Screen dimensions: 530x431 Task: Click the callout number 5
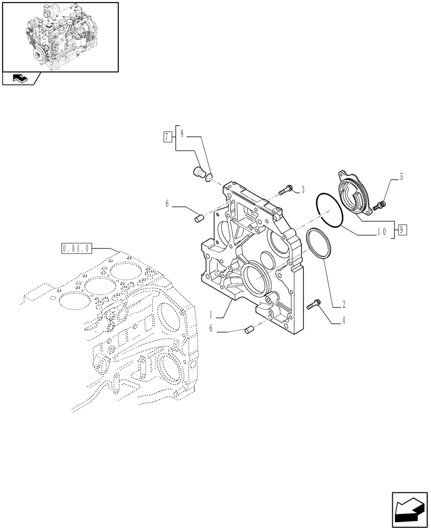pos(401,178)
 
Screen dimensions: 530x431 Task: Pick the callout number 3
pos(302,189)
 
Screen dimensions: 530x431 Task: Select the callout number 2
pos(344,304)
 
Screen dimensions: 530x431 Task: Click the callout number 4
pos(344,321)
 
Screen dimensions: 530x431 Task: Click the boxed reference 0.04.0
pos(77,248)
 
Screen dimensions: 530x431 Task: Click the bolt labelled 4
pos(313,304)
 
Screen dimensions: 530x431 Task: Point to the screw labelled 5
pos(380,204)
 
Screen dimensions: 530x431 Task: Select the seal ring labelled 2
pos(320,245)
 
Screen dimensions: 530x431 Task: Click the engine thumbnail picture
pos(59,36)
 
